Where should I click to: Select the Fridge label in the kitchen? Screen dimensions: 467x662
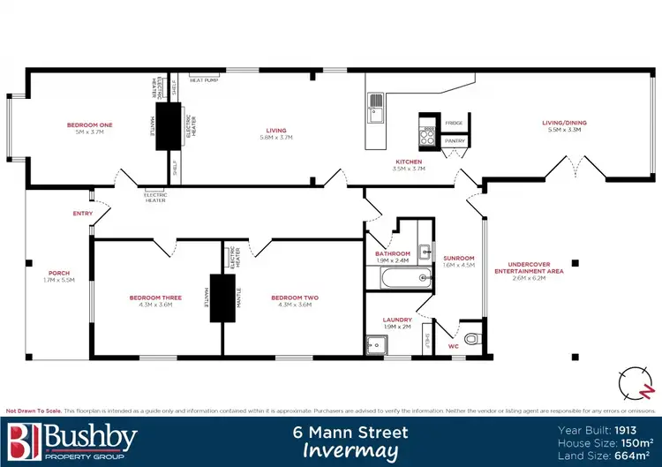click(454, 123)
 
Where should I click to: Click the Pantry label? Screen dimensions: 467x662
click(455, 140)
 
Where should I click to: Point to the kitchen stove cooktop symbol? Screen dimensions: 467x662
click(429, 135)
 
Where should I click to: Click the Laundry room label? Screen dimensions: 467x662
click(397, 320)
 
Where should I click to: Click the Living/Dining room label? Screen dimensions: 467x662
click(567, 123)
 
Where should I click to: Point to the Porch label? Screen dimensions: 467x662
click(59, 273)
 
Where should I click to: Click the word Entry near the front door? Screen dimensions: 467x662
click(83, 214)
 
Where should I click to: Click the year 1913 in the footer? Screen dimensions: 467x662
click(636, 430)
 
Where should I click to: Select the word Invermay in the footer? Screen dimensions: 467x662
click(350, 450)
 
